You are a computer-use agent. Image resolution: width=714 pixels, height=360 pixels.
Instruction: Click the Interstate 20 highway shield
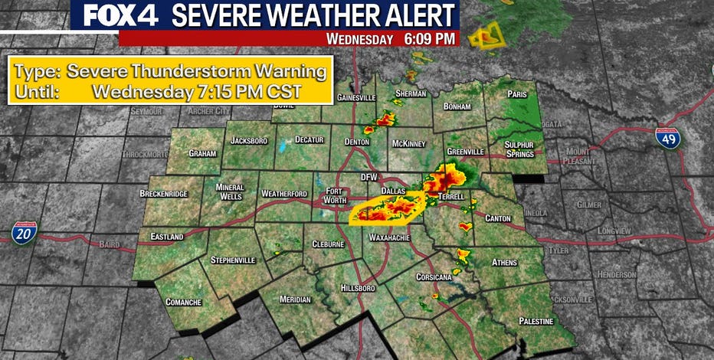point(24,234)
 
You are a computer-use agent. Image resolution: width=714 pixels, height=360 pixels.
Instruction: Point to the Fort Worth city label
point(338,195)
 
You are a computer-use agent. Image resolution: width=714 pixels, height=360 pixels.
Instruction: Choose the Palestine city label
point(535,320)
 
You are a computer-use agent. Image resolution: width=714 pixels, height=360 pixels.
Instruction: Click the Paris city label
point(517,94)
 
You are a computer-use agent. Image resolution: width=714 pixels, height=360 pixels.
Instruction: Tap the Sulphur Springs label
point(524,149)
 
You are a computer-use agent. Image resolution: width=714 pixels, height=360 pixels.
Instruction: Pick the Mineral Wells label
point(229,191)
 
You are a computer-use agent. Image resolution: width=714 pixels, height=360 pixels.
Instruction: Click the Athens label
point(504,262)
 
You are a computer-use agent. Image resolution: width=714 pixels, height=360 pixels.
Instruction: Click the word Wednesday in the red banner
point(360,38)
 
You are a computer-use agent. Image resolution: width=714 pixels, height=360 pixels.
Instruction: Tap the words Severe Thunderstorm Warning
point(197,73)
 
